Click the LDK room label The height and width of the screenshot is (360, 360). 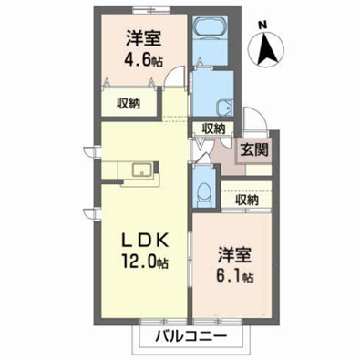145,242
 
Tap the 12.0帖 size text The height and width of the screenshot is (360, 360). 145,261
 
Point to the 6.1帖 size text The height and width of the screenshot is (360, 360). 234,275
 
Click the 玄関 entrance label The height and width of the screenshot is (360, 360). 254,149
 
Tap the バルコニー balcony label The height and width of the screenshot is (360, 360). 191,336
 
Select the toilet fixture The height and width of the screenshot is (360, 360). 204,193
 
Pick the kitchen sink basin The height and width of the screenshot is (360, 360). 142,170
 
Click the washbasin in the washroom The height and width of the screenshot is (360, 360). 224,107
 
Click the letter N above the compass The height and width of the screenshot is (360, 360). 263,26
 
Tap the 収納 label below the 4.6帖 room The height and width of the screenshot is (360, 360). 129,104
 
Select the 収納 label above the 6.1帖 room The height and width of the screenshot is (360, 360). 247,200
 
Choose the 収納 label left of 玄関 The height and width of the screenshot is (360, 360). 214,129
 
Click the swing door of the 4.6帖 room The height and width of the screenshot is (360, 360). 174,77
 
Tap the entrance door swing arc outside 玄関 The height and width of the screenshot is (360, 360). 256,118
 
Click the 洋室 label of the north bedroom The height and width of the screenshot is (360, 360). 143,38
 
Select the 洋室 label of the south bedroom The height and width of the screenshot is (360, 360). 234,255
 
